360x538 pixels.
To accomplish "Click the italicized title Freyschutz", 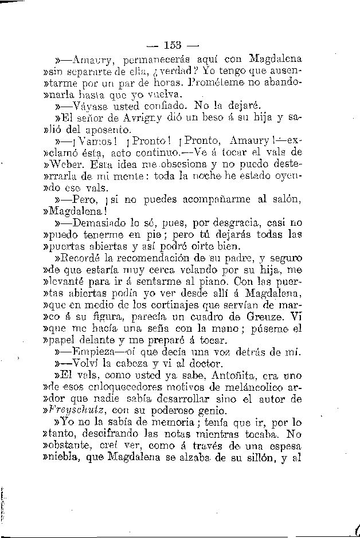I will [x=84, y=410].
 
